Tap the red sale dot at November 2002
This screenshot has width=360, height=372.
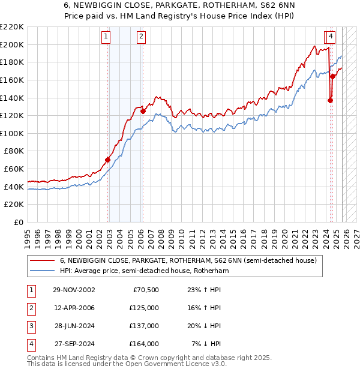click(108, 160)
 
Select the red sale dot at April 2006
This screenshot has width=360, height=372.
click(143, 111)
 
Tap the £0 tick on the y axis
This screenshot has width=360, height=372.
click(19, 223)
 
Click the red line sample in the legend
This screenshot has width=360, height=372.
click(43, 261)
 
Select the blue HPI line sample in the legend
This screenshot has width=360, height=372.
click(43, 271)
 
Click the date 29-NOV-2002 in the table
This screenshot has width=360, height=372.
click(74, 290)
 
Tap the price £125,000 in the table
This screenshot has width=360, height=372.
click(144, 308)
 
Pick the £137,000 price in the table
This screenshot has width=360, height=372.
click(144, 326)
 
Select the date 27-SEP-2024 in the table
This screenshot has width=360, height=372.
click(74, 344)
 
